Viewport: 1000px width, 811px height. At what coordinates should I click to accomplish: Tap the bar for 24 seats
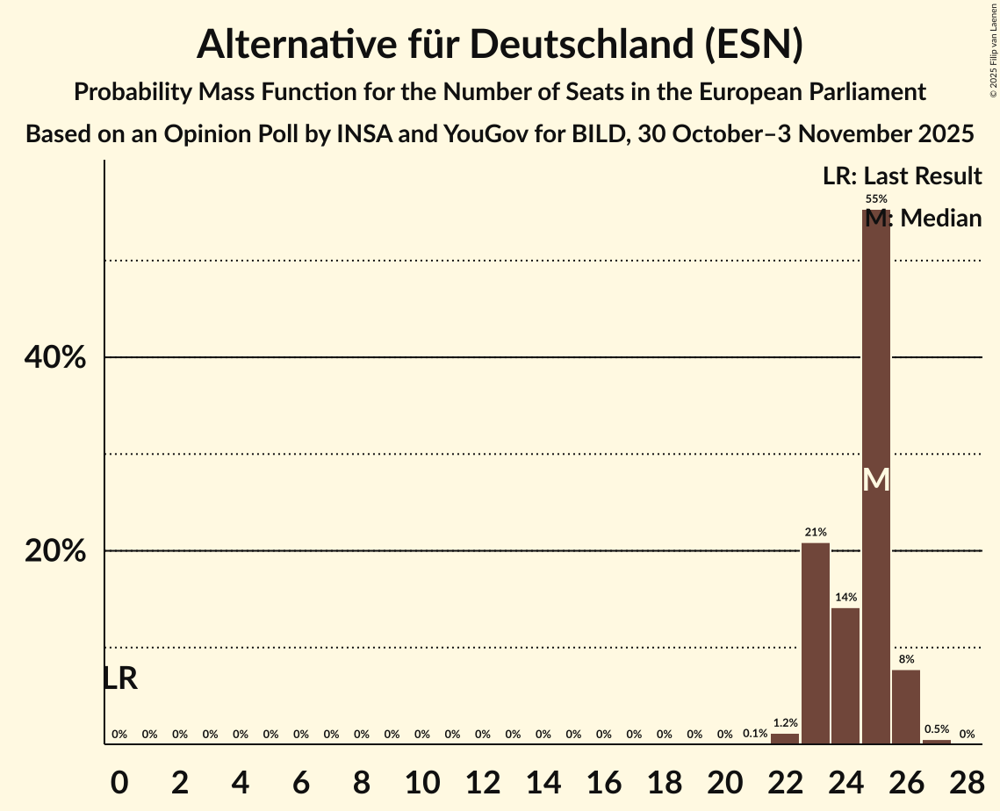pyautogui.click(x=845, y=676)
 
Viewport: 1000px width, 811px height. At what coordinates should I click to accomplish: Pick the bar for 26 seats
pyautogui.click(x=906, y=707)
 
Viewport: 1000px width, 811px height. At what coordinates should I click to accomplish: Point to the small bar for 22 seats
pyautogui.click(x=785, y=738)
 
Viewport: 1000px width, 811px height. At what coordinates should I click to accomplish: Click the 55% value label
pyautogui.click(x=876, y=199)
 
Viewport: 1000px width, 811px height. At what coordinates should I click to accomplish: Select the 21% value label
pyautogui.click(x=816, y=532)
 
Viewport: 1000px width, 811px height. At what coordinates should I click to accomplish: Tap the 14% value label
pyautogui.click(x=845, y=597)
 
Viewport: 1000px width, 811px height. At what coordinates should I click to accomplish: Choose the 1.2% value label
pyautogui.click(x=785, y=722)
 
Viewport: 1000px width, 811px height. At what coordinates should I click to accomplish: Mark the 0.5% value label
pyautogui.click(x=937, y=729)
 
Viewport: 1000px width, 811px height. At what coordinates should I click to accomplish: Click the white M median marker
pyautogui.click(x=876, y=479)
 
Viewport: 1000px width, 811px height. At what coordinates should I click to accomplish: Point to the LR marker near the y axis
pyautogui.click(x=120, y=678)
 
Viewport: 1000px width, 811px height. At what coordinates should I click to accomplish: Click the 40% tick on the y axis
pyautogui.click(x=54, y=358)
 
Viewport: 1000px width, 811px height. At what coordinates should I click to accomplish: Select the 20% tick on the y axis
pyautogui.click(x=54, y=551)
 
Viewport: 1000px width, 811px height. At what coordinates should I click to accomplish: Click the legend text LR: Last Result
pyautogui.click(x=902, y=176)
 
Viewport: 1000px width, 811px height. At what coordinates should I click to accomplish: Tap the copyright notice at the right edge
pyautogui.click(x=994, y=49)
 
